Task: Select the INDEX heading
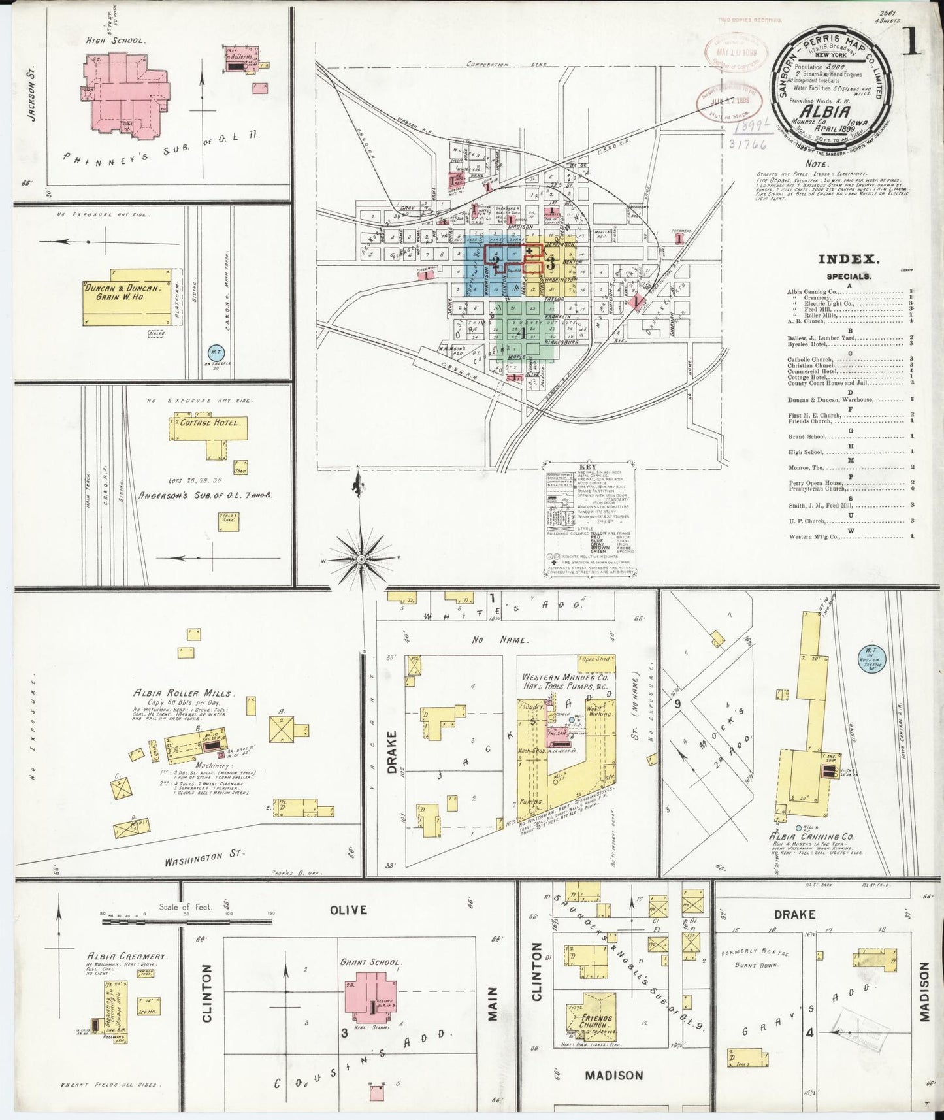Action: point(849,259)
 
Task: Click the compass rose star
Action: point(361,559)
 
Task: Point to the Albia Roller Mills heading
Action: point(184,693)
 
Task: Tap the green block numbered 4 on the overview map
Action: point(521,333)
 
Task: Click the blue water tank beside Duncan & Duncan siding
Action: point(215,354)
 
